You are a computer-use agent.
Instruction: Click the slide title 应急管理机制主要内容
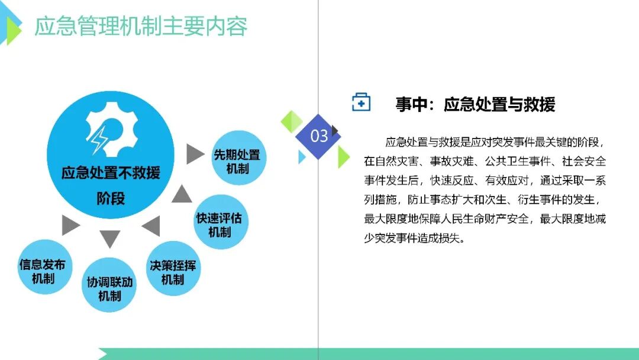(x=141, y=26)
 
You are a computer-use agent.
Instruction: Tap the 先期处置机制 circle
(x=238, y=157)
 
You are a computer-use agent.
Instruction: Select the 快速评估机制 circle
(x=221, y=222)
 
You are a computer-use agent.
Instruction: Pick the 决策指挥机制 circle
(x=173, y=268)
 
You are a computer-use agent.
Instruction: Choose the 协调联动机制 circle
(x=109, y=285)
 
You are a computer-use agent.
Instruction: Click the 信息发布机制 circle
(x=44, y=267)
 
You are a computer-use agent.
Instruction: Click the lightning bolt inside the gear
(x=99, y=139)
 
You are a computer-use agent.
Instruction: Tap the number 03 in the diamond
(x=319, y=136)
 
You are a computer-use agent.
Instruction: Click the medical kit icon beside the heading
(x=361, y=102)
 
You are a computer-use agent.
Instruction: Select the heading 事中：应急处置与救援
(x=475, y=104)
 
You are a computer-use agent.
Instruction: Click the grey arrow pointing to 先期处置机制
(x=195, y=154)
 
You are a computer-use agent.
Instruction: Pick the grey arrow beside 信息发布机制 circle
(x=70, y=225)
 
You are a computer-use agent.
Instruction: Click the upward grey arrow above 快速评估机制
(x=182, y=194)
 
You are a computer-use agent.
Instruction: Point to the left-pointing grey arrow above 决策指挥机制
(x=151, y=226)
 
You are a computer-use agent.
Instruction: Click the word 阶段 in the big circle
(x=111, y=198)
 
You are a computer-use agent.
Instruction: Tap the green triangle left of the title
(x=14, y=31)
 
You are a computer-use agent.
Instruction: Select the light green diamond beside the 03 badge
(x=292, y=121)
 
